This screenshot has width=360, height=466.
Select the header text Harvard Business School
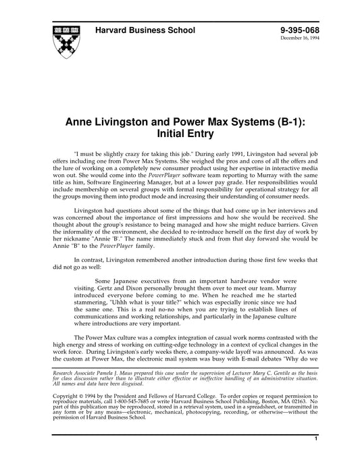(x=145, y=30)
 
